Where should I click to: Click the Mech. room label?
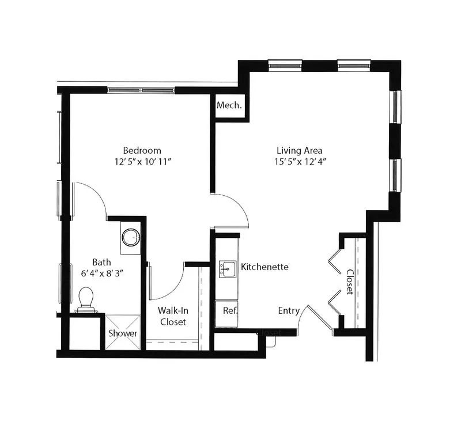(x=229, y=105)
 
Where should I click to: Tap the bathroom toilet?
(x=86, y=299)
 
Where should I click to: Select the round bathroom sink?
(x=131, y=237)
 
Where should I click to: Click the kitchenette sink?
(x=228, y=268)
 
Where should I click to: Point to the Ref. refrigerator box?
(x=226, y=314)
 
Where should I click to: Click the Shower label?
(x=123, y=333)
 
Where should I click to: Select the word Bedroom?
(x=142, y=150)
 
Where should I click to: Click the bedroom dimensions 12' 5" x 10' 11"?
(x=142, y=162)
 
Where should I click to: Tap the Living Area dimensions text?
(x=300, y=162)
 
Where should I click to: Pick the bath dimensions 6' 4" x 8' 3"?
(x=102, y=274)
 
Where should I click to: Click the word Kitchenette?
(x=264, y=267)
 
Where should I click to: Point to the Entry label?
(x=289, y=310)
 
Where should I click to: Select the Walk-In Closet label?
(x=173, y=316)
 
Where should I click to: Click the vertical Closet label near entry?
(x=350, y=282)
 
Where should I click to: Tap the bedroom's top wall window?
(x=141, y=90)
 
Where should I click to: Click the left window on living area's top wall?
(x=285, y=65)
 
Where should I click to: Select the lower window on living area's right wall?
(x=395, y=176)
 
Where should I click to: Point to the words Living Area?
(x=300, y=150)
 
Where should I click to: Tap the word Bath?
(x=102, y=262)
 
